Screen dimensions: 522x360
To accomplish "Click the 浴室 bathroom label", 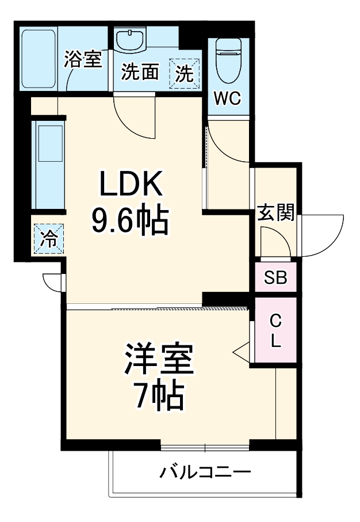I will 83,59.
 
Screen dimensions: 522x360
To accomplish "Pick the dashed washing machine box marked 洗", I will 185,74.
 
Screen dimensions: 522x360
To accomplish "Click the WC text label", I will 227,98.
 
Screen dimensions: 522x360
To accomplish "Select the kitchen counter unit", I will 49,165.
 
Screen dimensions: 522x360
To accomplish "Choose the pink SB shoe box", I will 275,278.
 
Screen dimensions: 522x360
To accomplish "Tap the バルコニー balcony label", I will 205,474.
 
